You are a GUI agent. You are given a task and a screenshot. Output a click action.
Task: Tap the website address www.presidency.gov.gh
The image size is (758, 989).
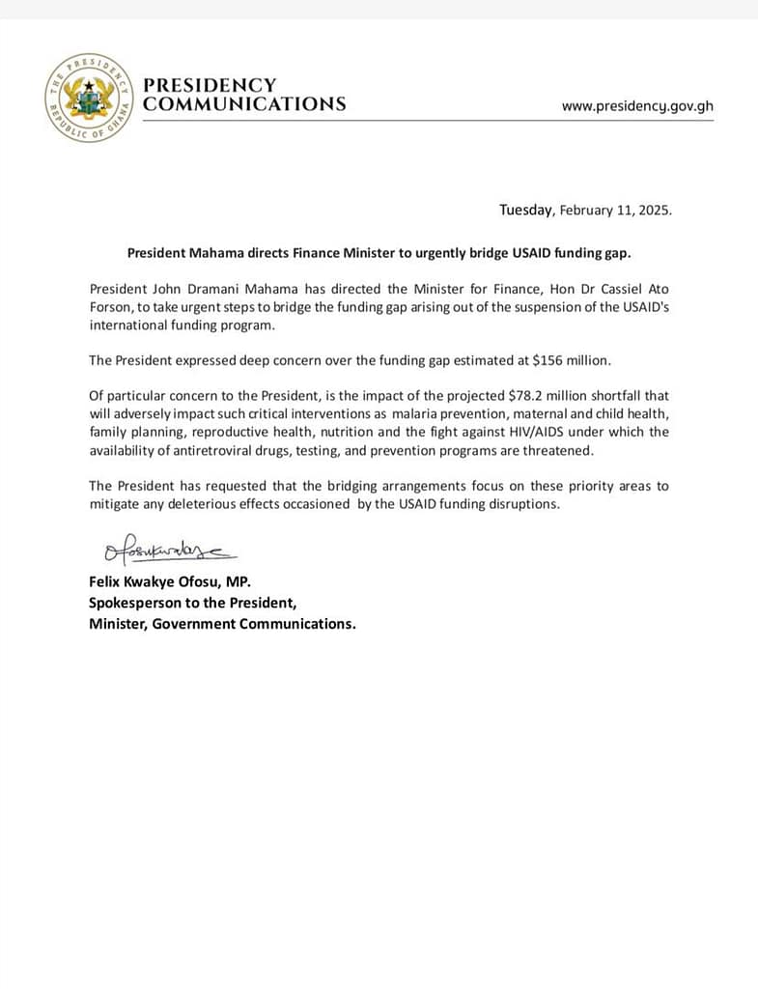coord(637,106)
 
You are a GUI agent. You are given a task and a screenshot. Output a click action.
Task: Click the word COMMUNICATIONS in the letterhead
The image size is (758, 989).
coord(244,104)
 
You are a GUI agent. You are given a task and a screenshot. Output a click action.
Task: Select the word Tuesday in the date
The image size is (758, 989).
coord(526,210)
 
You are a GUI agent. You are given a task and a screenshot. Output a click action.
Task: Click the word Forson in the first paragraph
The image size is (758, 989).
coord(112,307)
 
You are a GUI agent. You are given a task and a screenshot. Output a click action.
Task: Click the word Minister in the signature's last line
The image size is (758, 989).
coord(118,624)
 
